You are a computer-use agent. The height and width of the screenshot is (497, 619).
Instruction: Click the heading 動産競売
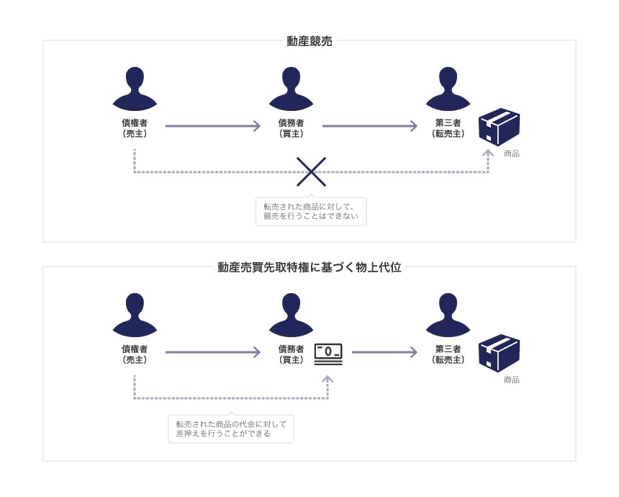coord(309,41)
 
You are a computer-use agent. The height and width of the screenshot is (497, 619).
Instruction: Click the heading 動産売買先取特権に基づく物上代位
coord(309,267)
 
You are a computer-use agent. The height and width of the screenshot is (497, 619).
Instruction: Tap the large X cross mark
coord(311,172)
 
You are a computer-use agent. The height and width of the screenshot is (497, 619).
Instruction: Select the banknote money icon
coord(328,354)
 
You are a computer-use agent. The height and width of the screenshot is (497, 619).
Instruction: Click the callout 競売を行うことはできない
coord(311,212)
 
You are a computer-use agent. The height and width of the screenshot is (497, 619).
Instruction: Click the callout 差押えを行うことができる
coord(231,429)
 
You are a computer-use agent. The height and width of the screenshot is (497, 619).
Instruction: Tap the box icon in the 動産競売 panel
coord(499,127)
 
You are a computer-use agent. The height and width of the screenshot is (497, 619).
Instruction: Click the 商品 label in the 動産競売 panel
coord(512,153)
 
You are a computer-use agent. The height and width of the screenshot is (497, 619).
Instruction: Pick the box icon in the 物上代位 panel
coord(499,353)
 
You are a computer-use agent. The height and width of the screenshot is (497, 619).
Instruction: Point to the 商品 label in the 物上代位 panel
coord(512,380)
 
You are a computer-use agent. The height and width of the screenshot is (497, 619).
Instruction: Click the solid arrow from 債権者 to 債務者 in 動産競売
coord(212,126)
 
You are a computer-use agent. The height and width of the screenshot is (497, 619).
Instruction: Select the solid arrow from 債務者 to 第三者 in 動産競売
coord(369,126)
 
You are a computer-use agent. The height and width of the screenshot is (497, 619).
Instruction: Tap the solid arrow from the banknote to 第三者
coord(384,352)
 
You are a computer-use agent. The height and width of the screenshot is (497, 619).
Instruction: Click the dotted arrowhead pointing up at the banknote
coord(327,377)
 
